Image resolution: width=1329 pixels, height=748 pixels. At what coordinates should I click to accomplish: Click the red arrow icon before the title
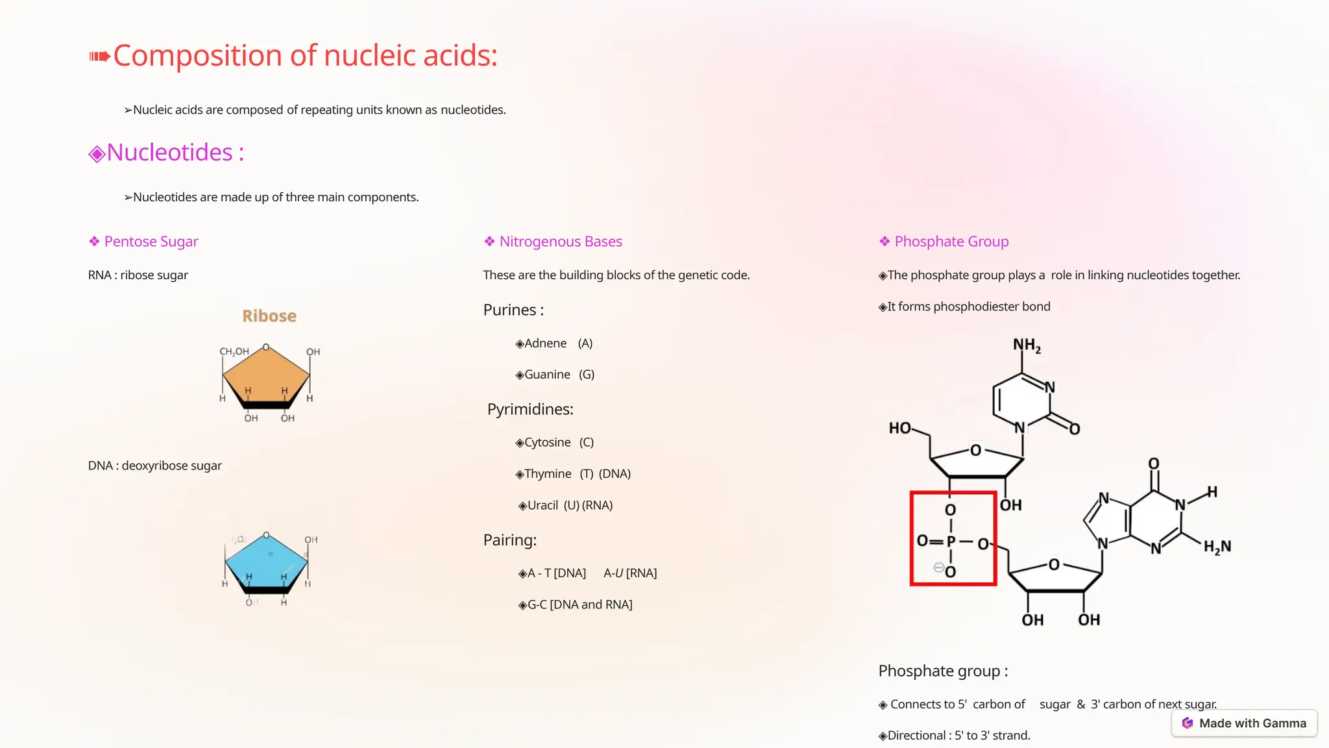click(99, 56)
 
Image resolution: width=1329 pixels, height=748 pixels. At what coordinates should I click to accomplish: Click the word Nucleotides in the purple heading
click(169, 153)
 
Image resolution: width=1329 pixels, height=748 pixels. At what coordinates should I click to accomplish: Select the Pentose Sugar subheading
click(151, 242)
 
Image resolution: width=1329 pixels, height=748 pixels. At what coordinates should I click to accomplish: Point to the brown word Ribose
click(269, 316)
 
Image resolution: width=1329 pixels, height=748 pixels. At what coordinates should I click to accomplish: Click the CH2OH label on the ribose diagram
click(234, 351)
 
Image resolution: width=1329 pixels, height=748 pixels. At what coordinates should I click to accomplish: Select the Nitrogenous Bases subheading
click(560, 242)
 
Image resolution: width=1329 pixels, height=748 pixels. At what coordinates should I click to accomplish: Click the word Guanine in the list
click(547, 375)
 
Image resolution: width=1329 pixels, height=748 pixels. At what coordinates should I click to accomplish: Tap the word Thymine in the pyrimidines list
click(548, 474)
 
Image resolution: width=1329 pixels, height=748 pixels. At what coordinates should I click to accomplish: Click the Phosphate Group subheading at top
click(951, 242)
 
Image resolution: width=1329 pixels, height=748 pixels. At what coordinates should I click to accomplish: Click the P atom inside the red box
click(951, 542)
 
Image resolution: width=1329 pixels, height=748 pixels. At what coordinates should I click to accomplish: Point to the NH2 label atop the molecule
click(1027, 345)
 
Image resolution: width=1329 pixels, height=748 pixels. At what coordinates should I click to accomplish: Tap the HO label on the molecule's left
click(899, 428)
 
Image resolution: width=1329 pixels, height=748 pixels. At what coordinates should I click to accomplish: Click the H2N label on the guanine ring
click(1217, 547)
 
